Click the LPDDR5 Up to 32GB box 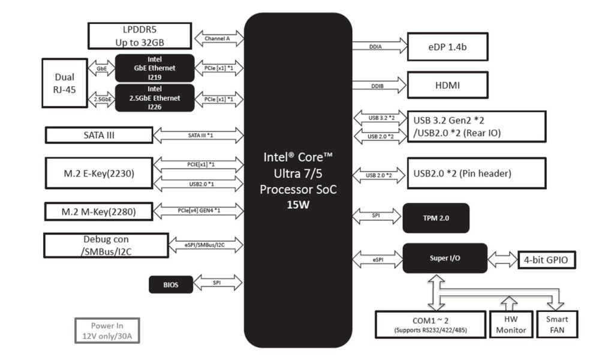140,35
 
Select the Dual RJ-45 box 65,83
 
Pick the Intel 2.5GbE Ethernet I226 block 155,98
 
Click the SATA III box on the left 99,135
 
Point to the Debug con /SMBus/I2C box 104,245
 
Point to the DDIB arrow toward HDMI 379,86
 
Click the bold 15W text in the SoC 298,204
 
